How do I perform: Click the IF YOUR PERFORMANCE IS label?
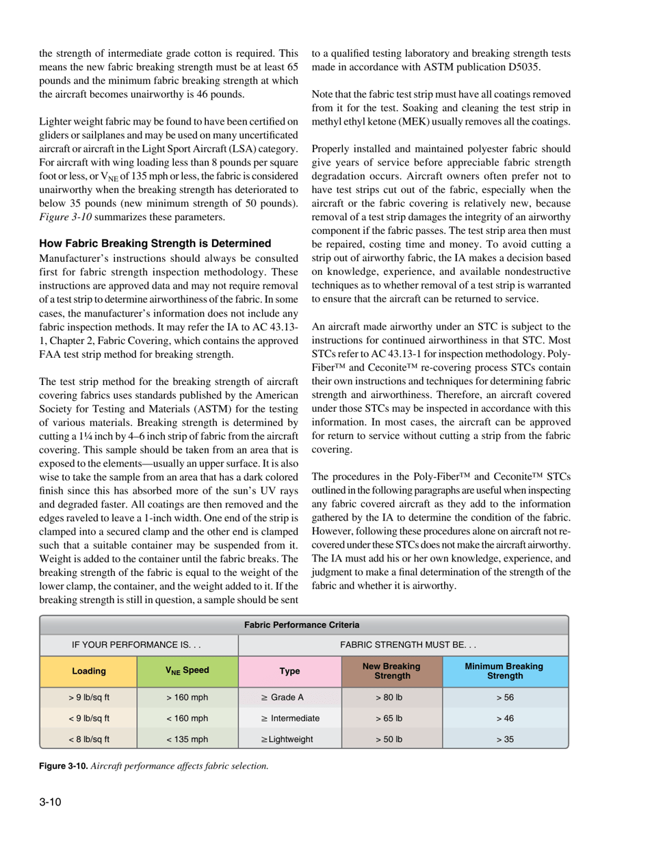pos(139,644)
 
